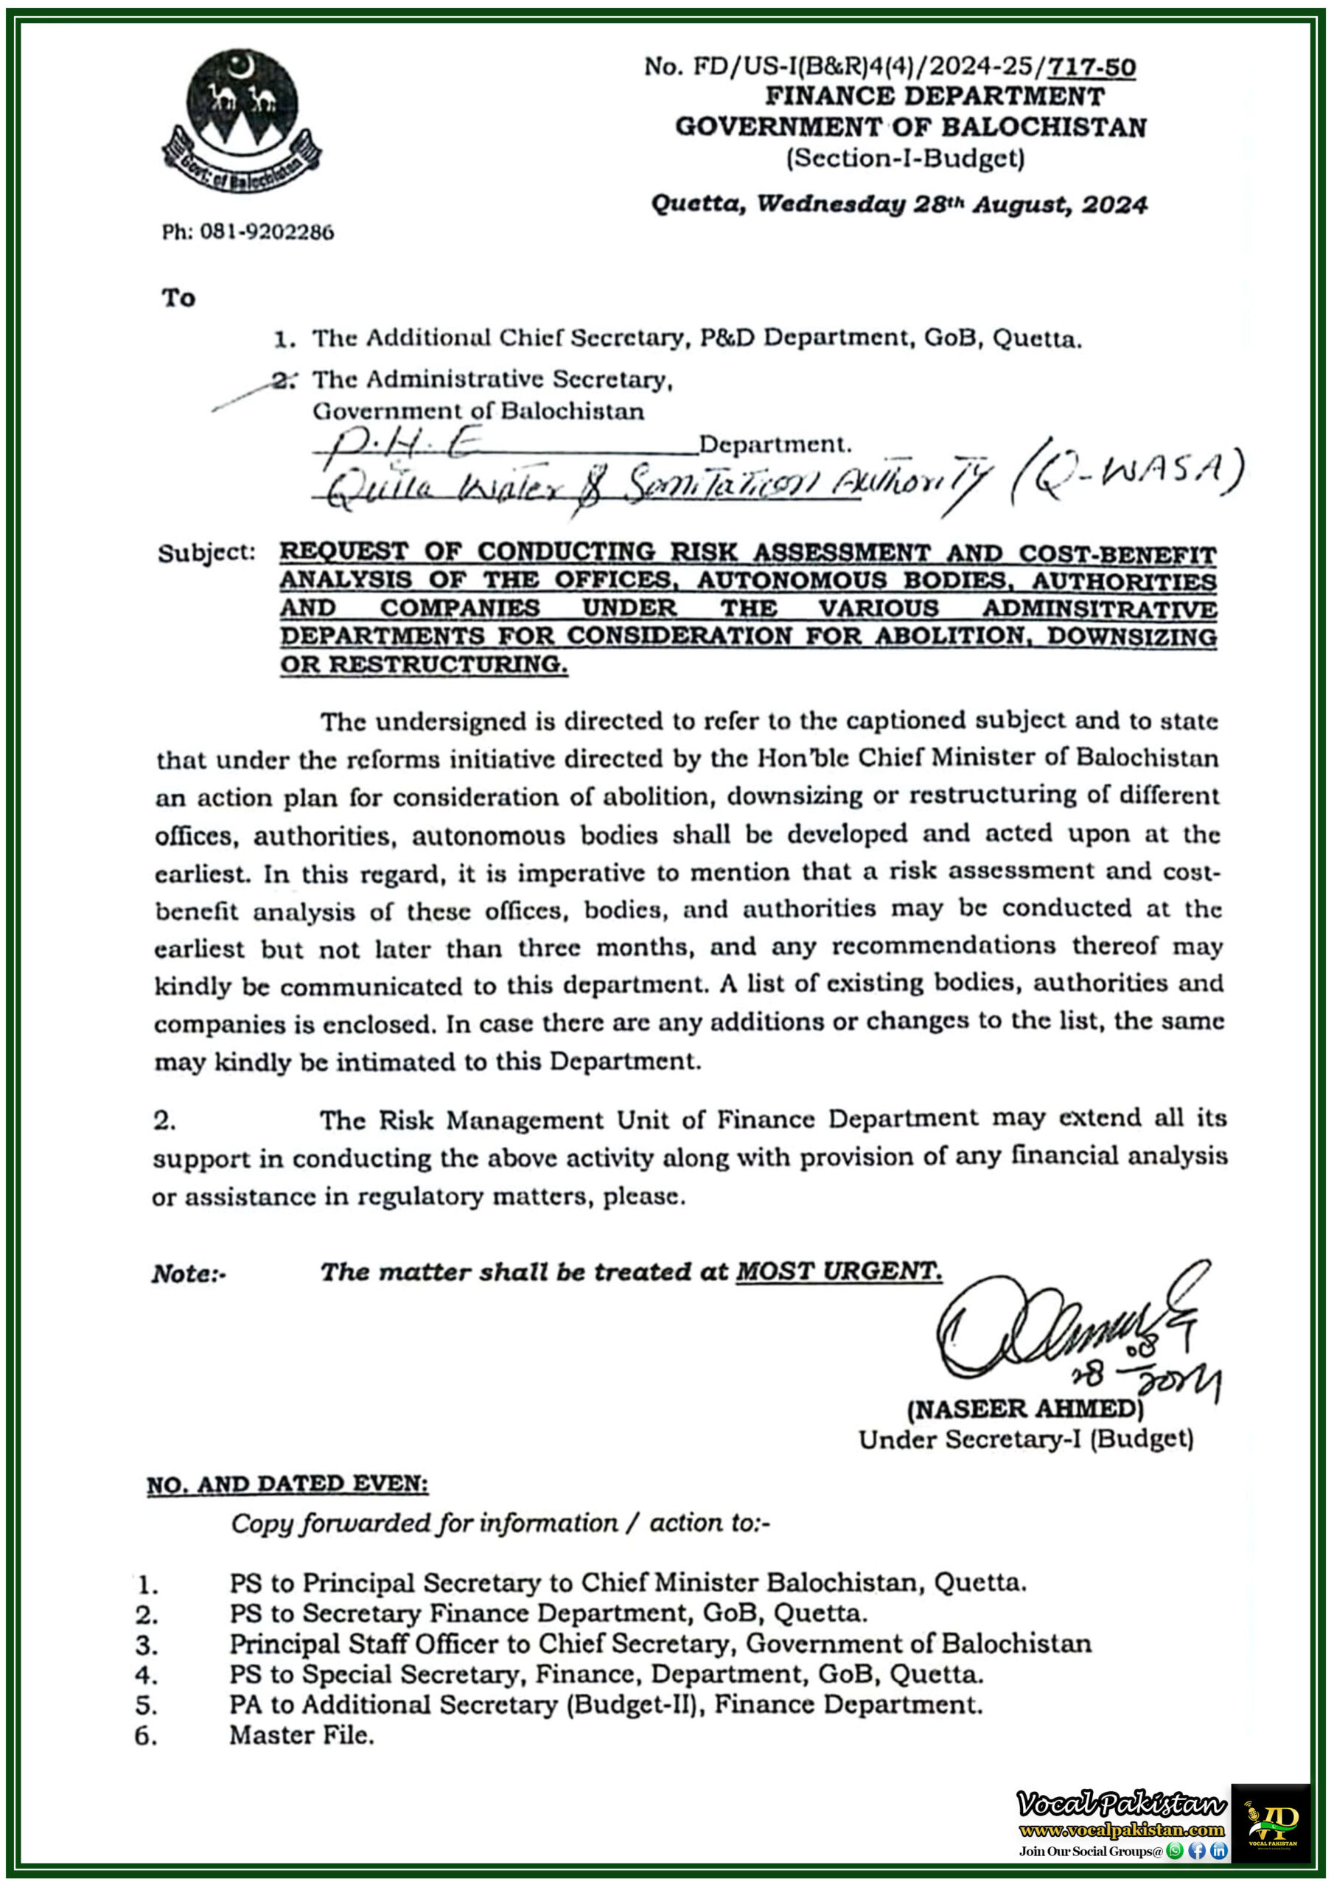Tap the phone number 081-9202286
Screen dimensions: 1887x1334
(248, 233)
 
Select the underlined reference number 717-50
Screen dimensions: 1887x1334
(1092, 66)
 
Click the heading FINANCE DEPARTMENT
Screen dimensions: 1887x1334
(935, 96)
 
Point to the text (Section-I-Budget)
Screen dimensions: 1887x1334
(906, 158)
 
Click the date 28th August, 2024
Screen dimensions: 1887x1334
(1030, 204)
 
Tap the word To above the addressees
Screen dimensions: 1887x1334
(178, 298)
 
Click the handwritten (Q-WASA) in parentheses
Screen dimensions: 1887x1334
(1128, 475)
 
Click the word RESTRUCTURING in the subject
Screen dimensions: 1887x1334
(448, 664)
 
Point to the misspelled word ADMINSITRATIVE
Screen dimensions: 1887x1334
(1099, 609)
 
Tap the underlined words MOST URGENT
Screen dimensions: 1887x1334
(837, 1272)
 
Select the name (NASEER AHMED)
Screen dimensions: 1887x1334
(1025, 1409)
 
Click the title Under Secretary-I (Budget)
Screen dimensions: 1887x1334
(1026, 1439)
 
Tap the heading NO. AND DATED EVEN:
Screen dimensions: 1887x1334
(287, 1485)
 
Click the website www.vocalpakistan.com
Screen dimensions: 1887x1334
(1121, 1830)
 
